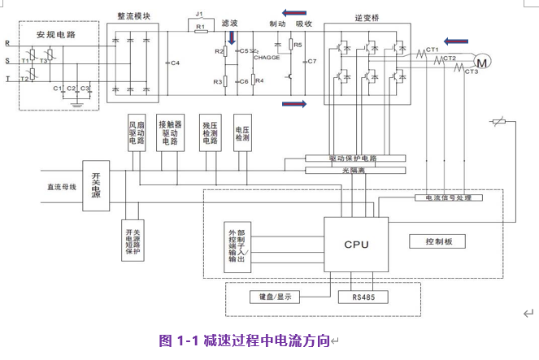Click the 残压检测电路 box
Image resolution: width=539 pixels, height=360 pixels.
coord(211,133)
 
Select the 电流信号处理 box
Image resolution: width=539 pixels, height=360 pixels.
coord(449,197)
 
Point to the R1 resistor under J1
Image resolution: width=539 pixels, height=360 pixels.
coord(200,28)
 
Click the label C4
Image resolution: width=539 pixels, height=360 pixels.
coord(175,62)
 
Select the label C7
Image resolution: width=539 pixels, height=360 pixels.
coord(311,62)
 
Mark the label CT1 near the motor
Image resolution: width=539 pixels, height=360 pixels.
coord(432,50)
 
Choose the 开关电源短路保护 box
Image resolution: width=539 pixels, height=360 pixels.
coord(132,240)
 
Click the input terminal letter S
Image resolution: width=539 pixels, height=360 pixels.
coord(7,59)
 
